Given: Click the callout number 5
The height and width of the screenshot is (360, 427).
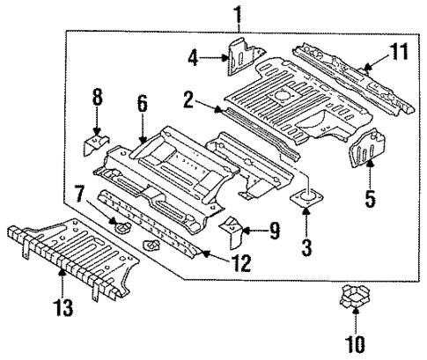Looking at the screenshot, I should pyautogui.click(x=371, y=199).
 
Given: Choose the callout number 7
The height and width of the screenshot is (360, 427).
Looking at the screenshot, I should pyautogui.click(x=79, y=190).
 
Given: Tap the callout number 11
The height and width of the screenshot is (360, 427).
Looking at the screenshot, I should pyautogui.click(x=400, y=51).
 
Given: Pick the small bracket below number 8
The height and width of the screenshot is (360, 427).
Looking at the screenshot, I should pyautogui.click(x=94, y=143).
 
